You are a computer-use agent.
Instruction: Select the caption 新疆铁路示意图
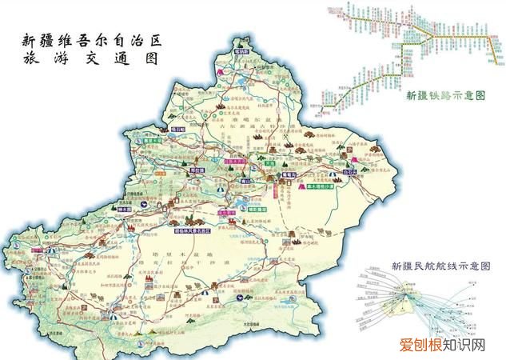[x=446, y=95]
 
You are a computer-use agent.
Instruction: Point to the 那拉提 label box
[x=196, y=171]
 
